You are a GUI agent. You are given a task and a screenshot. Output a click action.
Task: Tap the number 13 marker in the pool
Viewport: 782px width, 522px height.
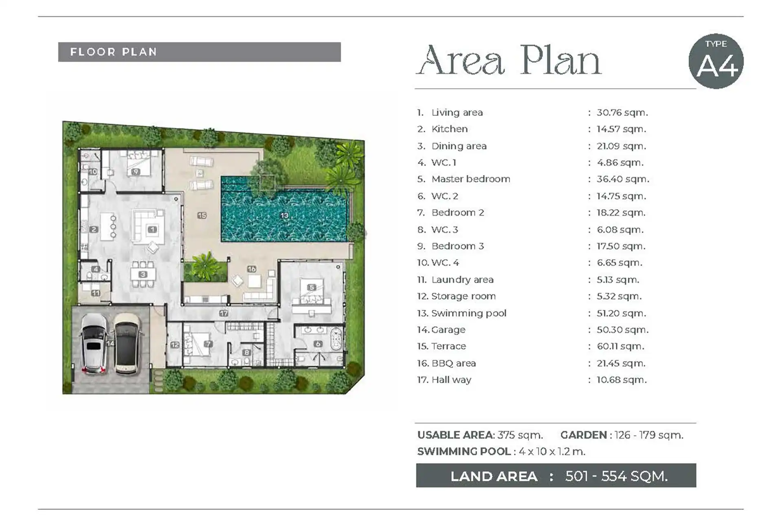[x=284, y=215]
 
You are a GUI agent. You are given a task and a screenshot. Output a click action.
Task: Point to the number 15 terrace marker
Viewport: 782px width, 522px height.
[x=202, y=215]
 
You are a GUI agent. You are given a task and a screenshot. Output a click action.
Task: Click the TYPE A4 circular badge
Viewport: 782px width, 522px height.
[x=716, y=61]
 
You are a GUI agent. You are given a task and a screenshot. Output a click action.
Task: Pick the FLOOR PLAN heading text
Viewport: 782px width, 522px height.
[x=114, y=52]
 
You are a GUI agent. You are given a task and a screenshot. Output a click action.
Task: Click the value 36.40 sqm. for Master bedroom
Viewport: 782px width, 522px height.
[x=623, y=179]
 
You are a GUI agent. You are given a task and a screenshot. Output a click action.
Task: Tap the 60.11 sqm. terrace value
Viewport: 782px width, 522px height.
[x=621, y=346]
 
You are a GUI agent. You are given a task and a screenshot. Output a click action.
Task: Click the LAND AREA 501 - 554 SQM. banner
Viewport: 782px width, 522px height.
[x=556, y=476]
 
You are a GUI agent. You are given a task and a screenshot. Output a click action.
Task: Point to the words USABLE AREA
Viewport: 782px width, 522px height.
[x=455, y=435]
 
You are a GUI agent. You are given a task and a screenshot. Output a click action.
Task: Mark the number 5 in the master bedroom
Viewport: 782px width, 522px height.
[x=312, y=287]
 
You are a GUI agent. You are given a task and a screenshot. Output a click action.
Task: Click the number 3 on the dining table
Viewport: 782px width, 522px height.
[x=143, y=274]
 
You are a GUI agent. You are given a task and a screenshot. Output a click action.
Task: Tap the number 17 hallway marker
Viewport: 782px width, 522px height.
[x=224, y=313]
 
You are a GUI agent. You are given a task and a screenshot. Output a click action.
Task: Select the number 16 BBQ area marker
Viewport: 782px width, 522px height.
[x=252, y=269]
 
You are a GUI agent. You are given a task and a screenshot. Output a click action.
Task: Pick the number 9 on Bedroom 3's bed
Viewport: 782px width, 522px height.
[x=136, y=172]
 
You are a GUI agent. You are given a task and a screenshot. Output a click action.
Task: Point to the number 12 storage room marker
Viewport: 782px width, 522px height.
[x=175, y=345]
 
